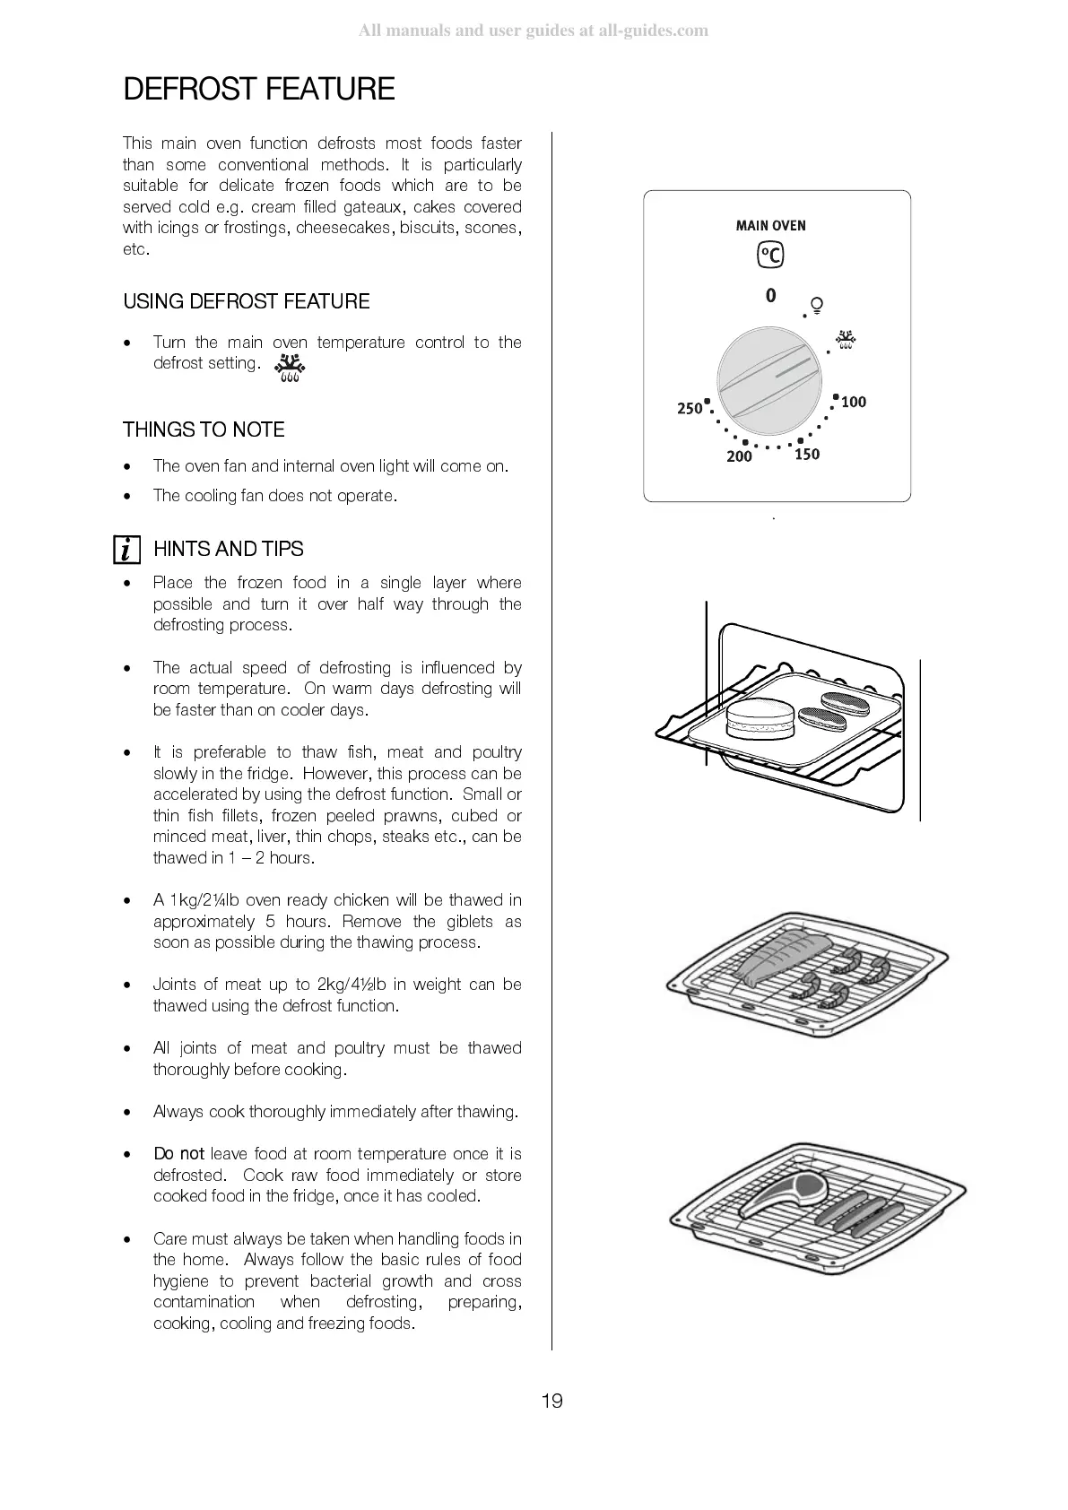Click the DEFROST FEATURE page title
pos(258,90)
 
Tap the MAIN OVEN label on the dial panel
pos(770,226)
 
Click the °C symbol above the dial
pos(770,256)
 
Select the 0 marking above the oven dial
pos(770,295)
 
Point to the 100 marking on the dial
pos(854,403)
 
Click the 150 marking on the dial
pos(807,455)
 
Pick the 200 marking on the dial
pos(739,457)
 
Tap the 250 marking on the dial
pos(690,409)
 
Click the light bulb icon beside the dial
pos(817,304)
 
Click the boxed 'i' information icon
pos(127,549)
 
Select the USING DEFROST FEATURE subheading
pos(246,301)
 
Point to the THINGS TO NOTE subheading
pos(204,430)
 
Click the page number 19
pos(551,1401)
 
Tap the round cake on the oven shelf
pos(760,718)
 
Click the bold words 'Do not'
pos(178,1154)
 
